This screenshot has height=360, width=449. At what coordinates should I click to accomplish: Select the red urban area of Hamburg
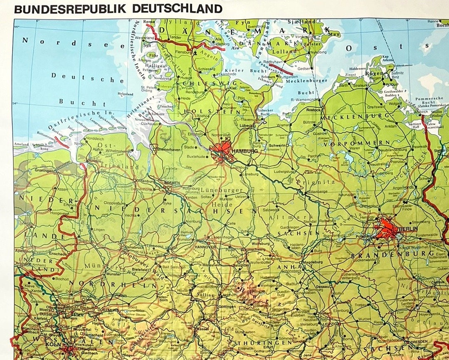(222, 150)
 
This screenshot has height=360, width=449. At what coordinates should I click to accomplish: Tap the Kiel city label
(233, 88)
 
